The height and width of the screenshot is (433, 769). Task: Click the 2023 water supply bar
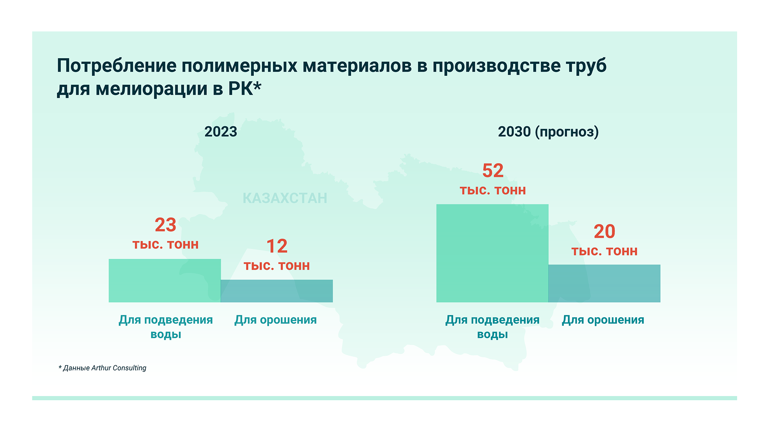[165, 280]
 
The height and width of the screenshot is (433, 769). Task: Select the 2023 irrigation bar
[276, 291]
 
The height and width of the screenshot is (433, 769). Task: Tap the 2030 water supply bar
[492, 253]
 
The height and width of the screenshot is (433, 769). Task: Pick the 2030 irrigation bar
[604, 283]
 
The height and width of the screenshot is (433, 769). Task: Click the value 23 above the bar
[165, 225]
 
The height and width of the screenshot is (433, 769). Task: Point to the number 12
[277, 246]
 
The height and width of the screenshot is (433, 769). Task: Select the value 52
[493, 171]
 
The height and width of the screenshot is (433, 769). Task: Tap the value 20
[604, 232]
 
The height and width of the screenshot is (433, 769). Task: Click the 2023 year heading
[221, 132]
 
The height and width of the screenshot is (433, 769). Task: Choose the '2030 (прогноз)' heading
[548, 132]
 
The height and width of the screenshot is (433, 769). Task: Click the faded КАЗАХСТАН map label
[285, 198]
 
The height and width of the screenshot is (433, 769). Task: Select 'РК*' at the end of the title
[245, 89]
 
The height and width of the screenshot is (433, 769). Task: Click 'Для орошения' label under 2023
[276, 320]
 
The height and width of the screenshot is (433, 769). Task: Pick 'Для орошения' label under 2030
[603, 320]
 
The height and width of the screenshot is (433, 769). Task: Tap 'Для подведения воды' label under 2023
[166, 327]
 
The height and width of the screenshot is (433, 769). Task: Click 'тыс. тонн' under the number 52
[493, 190]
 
